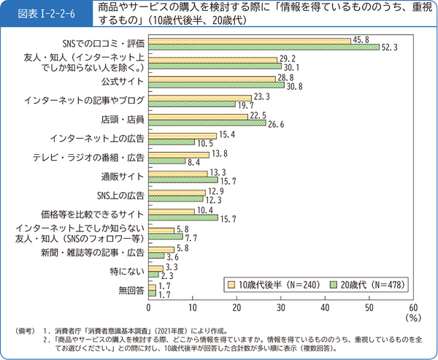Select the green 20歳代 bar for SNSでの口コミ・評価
[264, 47]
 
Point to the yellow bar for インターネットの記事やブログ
[200, 96]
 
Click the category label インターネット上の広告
[98, 137]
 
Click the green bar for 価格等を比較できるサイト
[183, 218]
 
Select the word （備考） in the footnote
[26, 332]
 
